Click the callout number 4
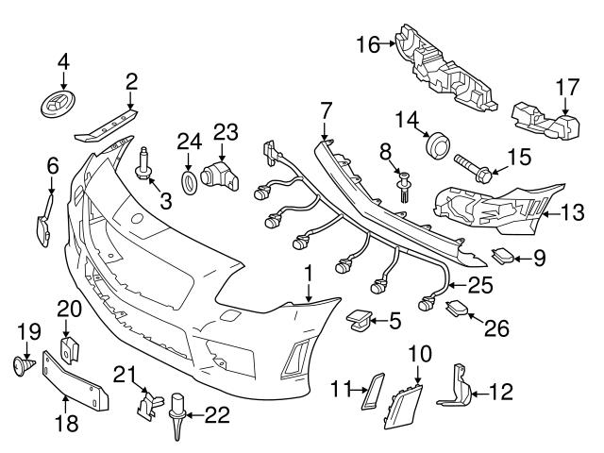tap(63, 61)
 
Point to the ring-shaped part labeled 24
tap(189, 180)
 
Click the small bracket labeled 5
tap(358, 321)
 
